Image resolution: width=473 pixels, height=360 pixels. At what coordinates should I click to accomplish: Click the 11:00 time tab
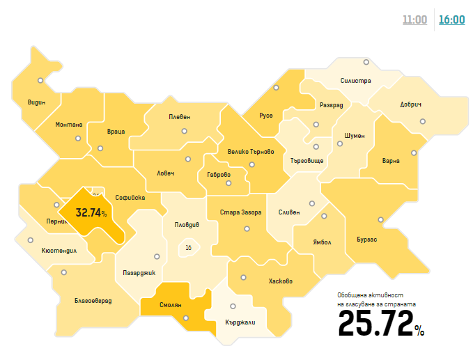tap(414, 19)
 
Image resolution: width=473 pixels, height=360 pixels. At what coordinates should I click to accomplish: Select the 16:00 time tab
tap(451, 19)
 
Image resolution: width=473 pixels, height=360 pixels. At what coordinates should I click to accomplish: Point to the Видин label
tap(36, 102)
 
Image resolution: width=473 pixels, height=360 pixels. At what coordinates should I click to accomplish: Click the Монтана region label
tap(69, 125)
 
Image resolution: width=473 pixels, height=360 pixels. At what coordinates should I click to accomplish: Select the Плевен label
tap(179, 117)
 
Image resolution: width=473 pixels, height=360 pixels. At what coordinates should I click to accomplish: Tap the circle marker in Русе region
tap(277, 88)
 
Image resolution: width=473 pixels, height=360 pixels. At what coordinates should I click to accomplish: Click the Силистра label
tap(356, 81)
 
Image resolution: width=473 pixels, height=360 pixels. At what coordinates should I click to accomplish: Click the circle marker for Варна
tap(414, 152)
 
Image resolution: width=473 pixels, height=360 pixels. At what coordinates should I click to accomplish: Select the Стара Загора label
tap(240, 212)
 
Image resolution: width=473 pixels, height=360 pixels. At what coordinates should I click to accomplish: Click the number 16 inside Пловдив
tap(188, 246)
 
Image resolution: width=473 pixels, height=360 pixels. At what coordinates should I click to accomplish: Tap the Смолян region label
tap(170, 305)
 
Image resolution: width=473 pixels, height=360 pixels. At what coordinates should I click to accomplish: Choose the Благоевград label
tap(93, 301)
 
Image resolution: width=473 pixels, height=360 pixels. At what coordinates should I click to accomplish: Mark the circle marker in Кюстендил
tap(30, 240)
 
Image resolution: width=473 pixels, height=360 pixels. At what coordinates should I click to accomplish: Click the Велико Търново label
tap(251, 151)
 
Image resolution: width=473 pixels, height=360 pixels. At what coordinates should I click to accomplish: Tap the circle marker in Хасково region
tap(243, 276)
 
